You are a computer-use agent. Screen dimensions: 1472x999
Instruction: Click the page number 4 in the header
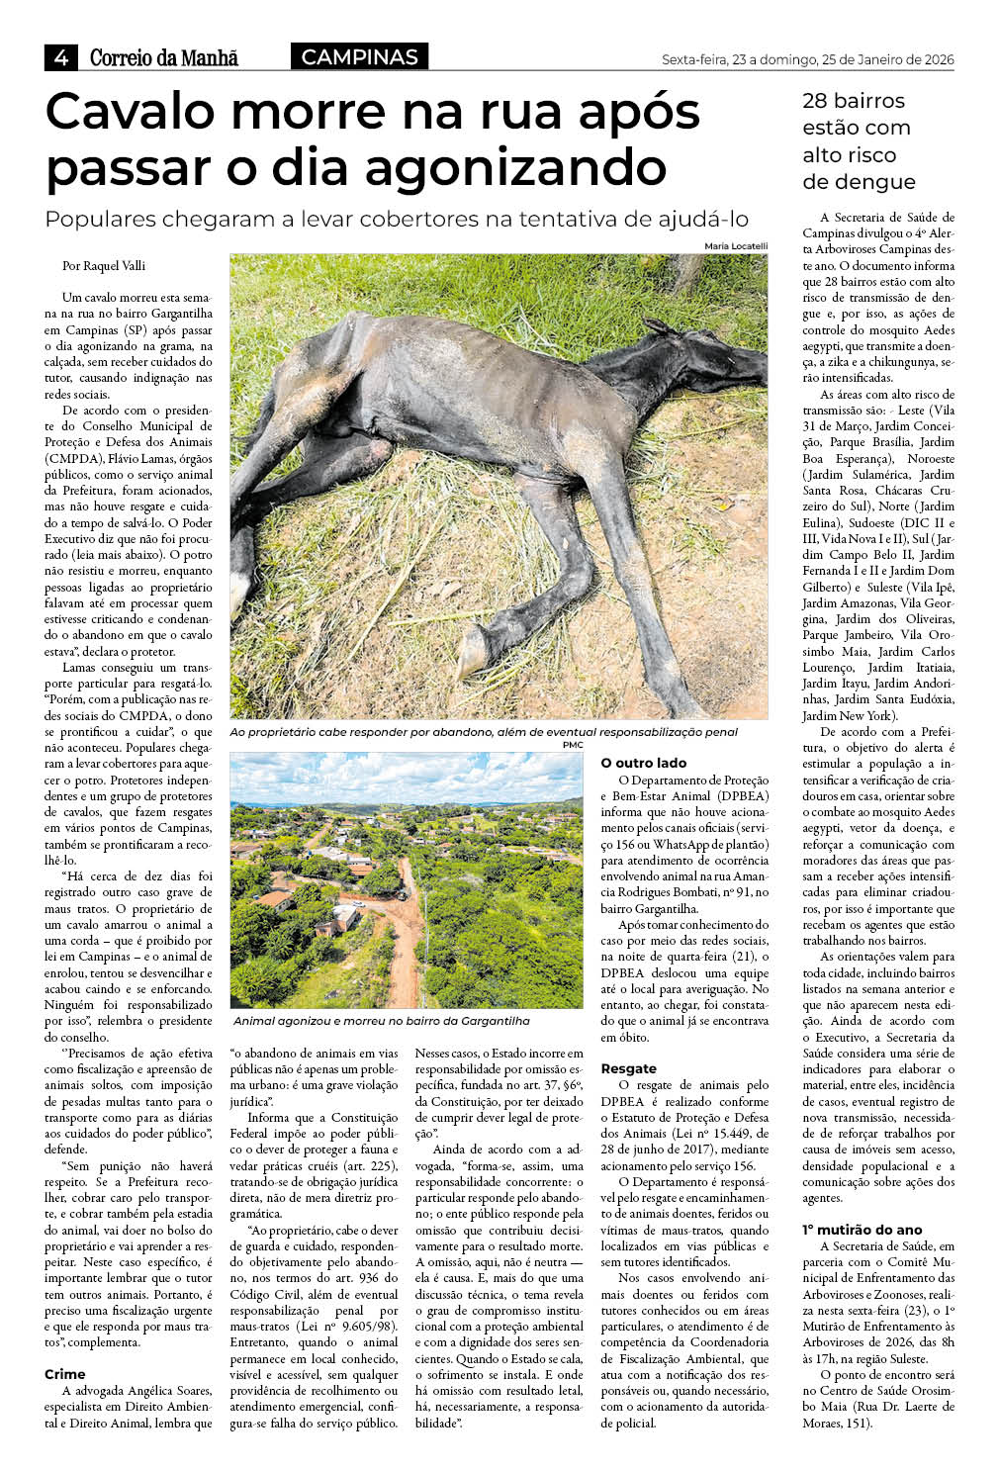[60, 58]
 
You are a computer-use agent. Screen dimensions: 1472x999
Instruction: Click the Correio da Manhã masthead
[164, 58]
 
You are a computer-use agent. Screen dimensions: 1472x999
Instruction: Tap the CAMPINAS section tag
[359, 57]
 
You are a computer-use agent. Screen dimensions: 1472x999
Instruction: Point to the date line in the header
[807, 59]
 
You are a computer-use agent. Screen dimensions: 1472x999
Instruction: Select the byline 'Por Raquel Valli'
[104, 265]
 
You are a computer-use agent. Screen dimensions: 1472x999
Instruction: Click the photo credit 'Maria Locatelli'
[736, 245]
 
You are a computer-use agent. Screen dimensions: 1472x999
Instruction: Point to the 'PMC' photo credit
[573, 745]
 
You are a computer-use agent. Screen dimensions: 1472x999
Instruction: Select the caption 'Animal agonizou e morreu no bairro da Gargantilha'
[382, 1021]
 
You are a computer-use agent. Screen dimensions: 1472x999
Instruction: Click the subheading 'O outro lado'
[644, 763]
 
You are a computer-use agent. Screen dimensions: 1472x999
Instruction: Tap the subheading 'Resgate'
[628, 1068]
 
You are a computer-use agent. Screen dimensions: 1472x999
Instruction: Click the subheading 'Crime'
[65, 1374]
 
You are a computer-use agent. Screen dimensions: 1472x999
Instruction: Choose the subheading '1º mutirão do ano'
[862, 1230]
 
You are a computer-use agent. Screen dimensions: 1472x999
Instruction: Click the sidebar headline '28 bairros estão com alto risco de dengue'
[859, 141]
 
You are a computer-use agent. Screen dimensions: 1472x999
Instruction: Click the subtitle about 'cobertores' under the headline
[397, 219]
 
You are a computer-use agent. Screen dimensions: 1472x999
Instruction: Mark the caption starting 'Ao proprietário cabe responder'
[484, 732]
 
